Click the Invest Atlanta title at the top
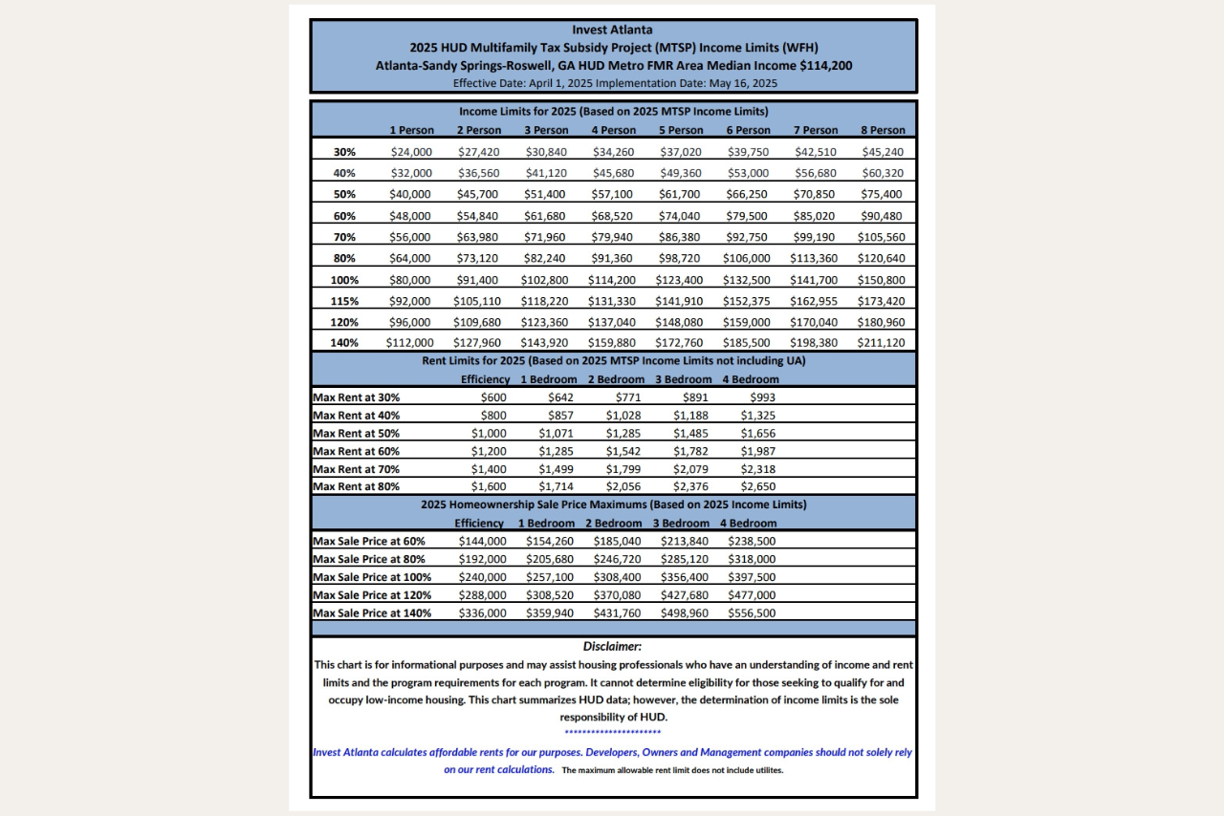pyautogui.click(x=613, y=30)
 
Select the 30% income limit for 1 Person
pyautogui.click(x=411, y=152)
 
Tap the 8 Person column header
pyautogui.click(x=883, y=131)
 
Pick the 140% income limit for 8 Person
pyautogui.click(x=883, y=343)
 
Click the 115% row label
pyautogui.click(x=344, y=301)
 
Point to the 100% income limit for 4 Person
pyautogui.click(x=614, y=280)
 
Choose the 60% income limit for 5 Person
pyautogui.click(x=681, y=216)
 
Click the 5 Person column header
pyautogui.click(x=681, y=131)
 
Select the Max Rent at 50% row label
pyautogui.click(x=357, y=433)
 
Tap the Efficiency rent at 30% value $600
pyautogui.click(x=493, y=397)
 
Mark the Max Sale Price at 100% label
pyautogui.click(x=372, y=577)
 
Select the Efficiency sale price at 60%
pyautogui.click(x=483, y=541)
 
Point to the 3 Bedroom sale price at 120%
pyautogui.click(x=684, y=595)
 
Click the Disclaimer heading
pyautogui.click(x=612, y=647)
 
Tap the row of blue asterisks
pyautogui.click(x=612, y=733)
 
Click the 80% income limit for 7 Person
pyautogui.click(x=814, y=258)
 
